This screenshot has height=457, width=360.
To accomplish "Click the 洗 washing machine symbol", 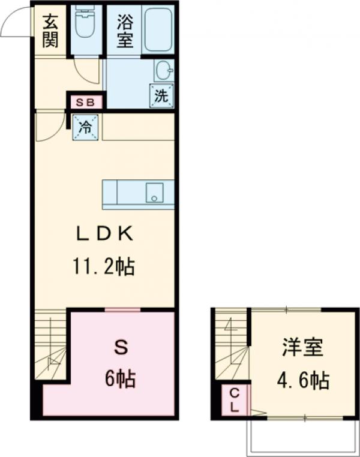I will pyautogui.click(x=161, y=95).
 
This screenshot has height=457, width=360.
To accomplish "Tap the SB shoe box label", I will pyautogui.click(x=85, y=103).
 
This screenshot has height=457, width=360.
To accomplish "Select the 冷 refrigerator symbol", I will pyautogui.click(x=86, y=127).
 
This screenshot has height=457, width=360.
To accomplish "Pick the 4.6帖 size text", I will pyautogui.click(x=302, y=380).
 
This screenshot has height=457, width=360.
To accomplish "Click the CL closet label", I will pyautogui.click(x=235, y=399).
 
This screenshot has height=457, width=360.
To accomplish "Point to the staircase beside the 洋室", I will pyautogui.click(x=232, y=348).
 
